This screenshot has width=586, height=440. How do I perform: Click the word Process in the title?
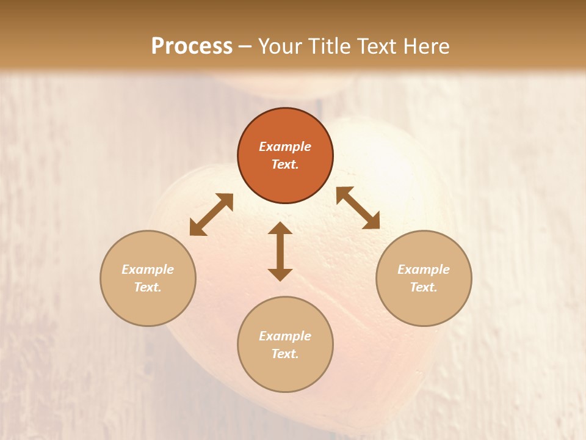tap(192, 46)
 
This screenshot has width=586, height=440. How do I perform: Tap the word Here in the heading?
tap(427, 46)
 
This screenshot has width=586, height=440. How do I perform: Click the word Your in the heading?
tap(281, 46)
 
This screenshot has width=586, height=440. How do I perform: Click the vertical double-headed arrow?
tap(280, 251)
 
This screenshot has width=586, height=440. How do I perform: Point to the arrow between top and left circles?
tap(211, 215)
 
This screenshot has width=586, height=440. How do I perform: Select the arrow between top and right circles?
tap(358, 208)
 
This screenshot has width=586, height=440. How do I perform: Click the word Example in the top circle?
tap(285, 147)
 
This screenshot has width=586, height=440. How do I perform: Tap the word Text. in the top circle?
tap(285, 164)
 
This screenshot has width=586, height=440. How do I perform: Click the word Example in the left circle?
tap(148, 269)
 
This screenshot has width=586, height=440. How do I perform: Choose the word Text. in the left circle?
tap(148, 287)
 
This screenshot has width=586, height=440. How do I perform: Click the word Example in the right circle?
tap(424, 269)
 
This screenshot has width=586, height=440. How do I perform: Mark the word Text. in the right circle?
tap(424, 287)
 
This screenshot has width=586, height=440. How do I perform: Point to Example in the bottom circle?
tap(285, 336)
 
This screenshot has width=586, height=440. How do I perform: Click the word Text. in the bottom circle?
tap(285, 354)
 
